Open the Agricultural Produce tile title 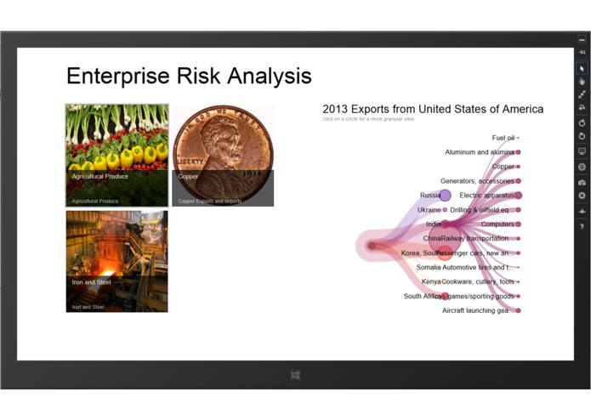point(99,177)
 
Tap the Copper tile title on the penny point(188,177)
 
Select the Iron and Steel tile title point(91,281)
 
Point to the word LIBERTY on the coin point(190,161)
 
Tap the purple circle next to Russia point(445,196)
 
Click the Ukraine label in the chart point(429,210)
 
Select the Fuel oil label point(503,138)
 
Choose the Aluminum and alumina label point(479,152)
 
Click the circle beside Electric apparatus point(518,196)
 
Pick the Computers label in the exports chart point(497,224)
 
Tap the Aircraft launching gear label point(475,310)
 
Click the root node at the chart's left point(372,246)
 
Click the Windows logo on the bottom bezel point(295,375)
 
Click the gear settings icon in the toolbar point(582,196)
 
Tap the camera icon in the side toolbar point(582,182)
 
